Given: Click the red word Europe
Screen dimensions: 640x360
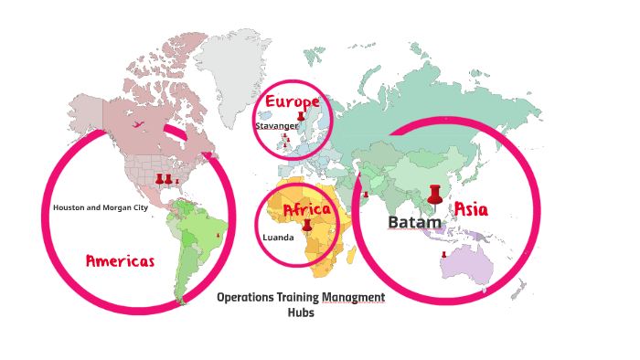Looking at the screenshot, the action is click(x=292, y=101).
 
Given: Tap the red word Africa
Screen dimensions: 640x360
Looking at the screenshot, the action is click(x=306, y=211).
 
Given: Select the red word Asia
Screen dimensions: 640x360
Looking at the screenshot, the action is click(x=471, y=209).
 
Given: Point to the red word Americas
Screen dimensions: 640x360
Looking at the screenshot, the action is click(x=120, y=260).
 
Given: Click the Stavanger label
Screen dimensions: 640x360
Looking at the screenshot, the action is click(x=276, y=126).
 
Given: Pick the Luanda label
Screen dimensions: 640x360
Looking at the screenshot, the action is click(x=278, y=238).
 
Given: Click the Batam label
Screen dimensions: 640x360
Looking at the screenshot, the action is click(x=414, y=222).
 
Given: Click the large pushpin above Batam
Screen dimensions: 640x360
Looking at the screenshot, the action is click(x=434, y=195).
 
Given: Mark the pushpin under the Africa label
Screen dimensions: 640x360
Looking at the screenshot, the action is click(x=307, y=225).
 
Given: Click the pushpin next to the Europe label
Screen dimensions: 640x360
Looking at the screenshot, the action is click(x=302, y=116).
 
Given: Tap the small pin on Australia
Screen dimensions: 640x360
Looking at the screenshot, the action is click(x=443, y=255).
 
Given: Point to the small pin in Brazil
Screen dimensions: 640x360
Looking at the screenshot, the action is click(x=218, y=236).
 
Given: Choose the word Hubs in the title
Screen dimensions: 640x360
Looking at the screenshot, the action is click(x=301, y=312).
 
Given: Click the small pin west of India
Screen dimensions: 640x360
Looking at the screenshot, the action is click(x=365, y=194).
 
